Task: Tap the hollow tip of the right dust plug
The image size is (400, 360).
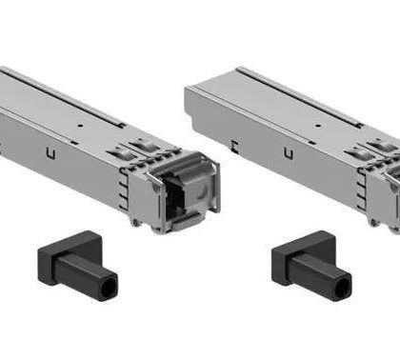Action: [340, 282]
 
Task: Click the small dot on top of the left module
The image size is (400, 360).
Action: [83, 125]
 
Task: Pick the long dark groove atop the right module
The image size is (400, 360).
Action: [286, 95]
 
